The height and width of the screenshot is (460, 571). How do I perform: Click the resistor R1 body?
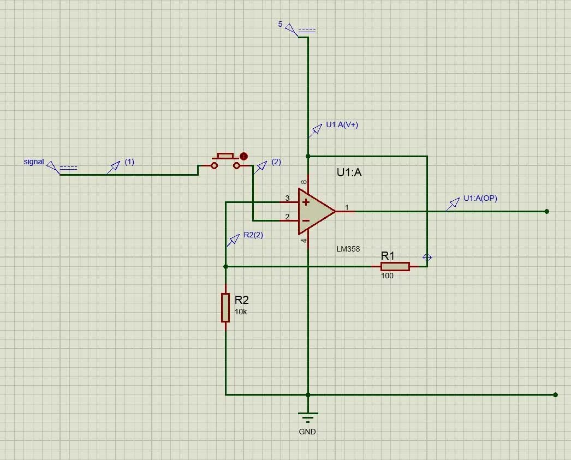point(395,266)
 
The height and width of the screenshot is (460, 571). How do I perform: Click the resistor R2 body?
point(225,307)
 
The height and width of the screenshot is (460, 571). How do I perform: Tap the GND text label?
point(307,432)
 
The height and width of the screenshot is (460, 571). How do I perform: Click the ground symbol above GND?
point(308,417)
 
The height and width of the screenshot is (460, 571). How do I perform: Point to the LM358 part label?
point(348,249)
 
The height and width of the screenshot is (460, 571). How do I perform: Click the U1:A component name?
point(349,173)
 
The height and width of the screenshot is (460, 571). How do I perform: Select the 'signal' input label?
point(34,162)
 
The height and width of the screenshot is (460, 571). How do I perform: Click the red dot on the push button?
point(244,156)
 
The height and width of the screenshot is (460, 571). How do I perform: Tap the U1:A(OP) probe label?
point(480,199)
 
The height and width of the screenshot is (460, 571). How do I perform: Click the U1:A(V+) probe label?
point(342,124)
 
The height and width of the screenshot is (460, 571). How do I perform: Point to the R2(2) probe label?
point(253,235)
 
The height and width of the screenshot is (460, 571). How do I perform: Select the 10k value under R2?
point(241,312)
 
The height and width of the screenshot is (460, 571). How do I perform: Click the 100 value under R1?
point(387,276)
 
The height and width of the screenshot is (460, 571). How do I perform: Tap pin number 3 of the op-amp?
point(287,198)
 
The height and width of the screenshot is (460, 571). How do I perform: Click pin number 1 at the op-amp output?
point(346,207)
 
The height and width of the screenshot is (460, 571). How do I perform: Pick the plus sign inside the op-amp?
point(306,202)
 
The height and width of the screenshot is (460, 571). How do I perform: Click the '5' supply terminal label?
point(281,25)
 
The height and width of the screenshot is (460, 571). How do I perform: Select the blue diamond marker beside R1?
point(427,257)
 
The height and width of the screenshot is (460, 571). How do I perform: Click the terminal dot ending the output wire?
point(546,211)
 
